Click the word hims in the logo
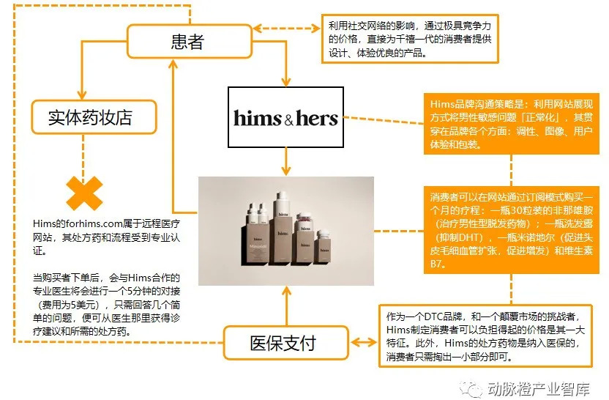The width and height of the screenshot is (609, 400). pos(257,117)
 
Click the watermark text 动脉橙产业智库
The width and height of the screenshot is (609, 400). pos(544,388)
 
